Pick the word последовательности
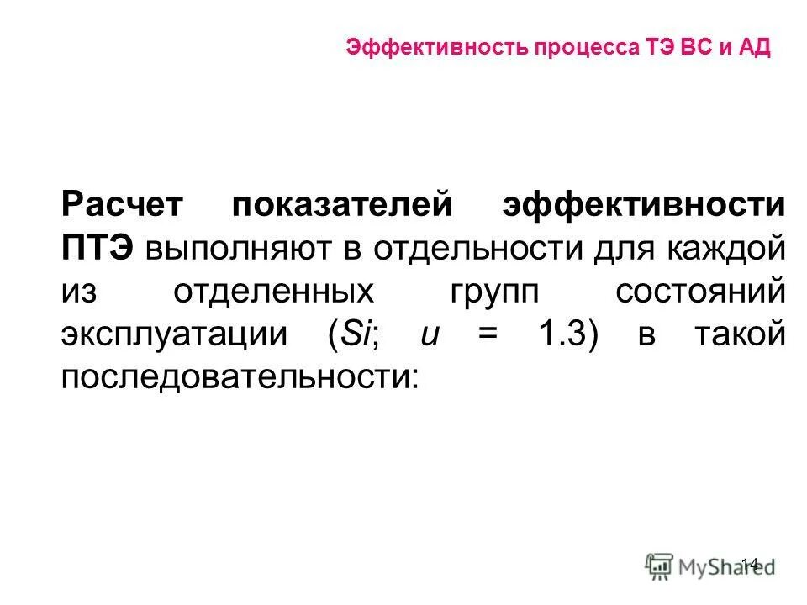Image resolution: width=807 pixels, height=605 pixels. click(239, 377)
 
